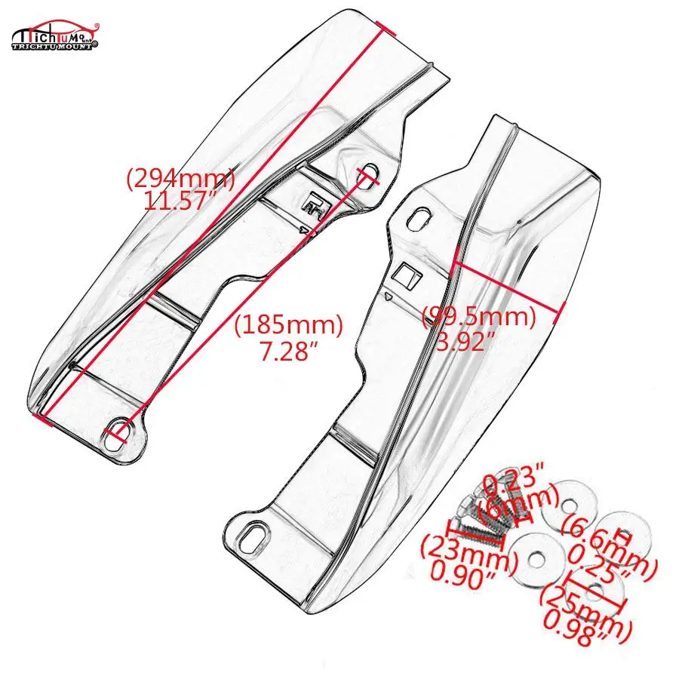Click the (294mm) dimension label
click(180, 180)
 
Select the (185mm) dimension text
click(288, 326)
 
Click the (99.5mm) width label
click(478, 316)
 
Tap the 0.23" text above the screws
click(512, 478)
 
